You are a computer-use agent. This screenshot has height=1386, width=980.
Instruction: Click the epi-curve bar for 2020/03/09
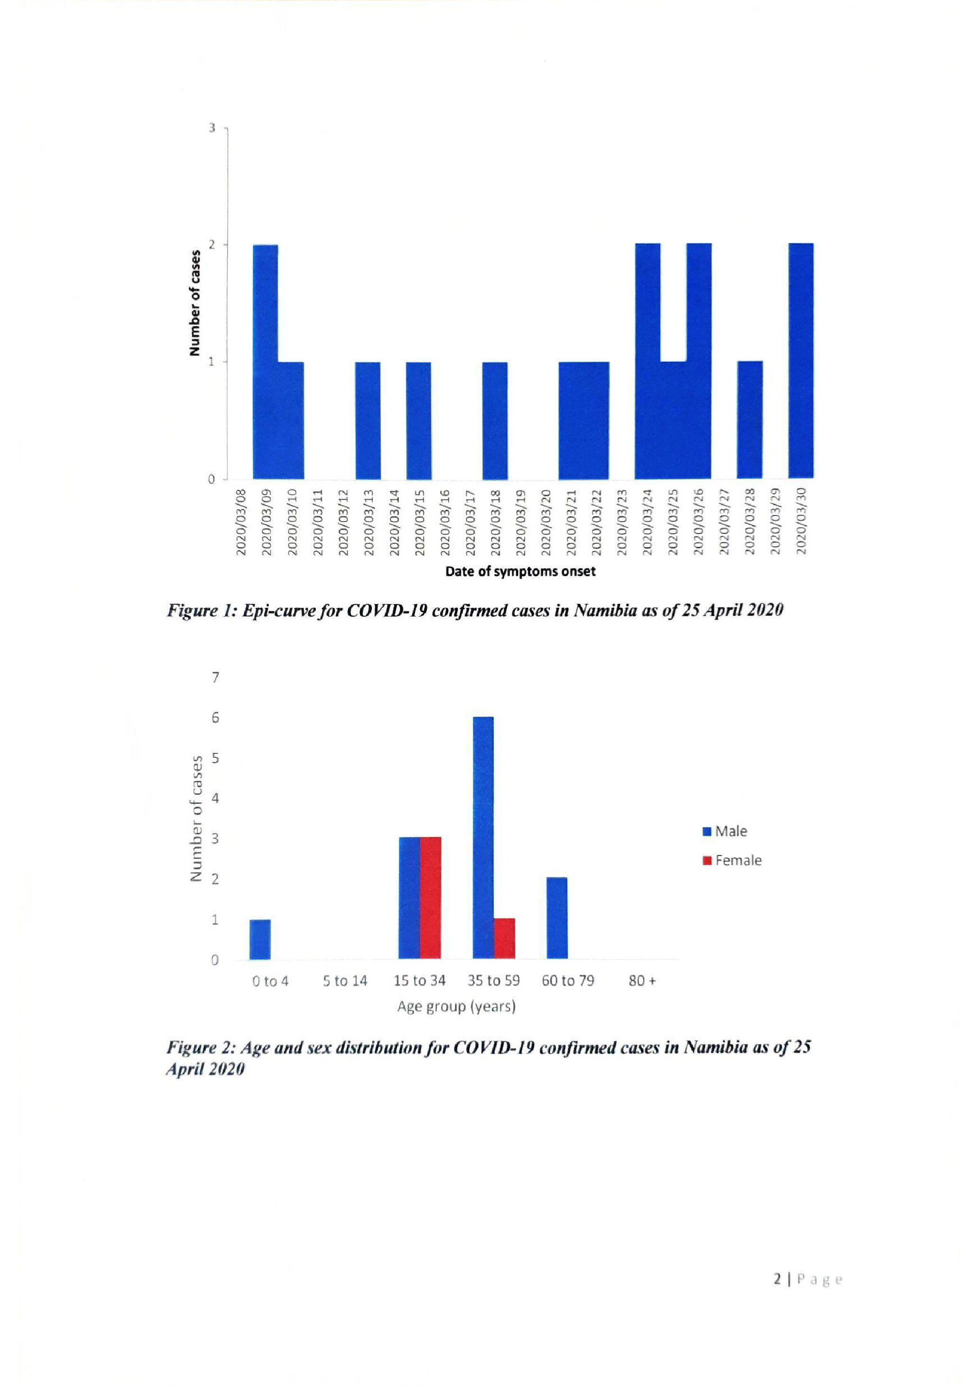click(266, 362)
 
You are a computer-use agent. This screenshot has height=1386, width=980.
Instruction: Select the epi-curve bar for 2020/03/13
click(368, 420)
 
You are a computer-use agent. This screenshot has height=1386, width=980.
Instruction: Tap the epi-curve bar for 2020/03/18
click(495, 420)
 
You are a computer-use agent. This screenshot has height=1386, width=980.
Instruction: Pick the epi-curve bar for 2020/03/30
click(801, 361)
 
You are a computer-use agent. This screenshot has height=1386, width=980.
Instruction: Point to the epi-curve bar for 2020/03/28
click(750, 420)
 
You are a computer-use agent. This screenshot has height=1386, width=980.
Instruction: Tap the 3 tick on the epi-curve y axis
click(212, 128)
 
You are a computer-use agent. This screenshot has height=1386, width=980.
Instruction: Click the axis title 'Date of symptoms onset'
click(520, 571)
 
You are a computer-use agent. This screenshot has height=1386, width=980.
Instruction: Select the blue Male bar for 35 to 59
click(483, 838)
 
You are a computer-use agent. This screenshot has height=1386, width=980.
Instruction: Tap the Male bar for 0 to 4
click(260, 939)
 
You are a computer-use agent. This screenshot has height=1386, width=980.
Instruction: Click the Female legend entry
click(732, 860)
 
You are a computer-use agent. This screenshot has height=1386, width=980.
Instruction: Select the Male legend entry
click(725, 831)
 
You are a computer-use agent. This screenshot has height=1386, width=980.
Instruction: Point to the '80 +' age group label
click(642, 981)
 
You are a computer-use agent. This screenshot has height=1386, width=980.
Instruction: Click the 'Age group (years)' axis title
click(456, 1006)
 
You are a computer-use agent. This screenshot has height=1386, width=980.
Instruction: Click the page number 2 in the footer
click(778, 1278)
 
